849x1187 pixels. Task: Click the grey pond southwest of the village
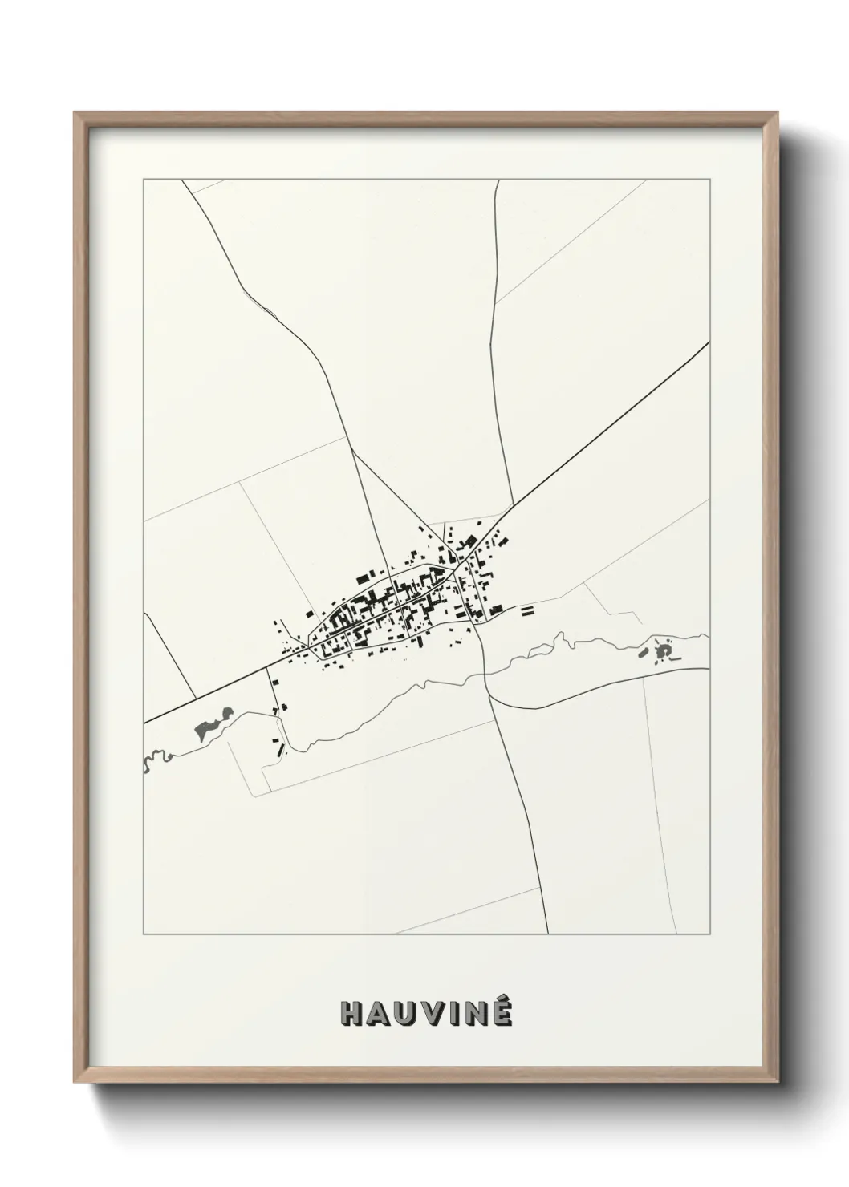210,726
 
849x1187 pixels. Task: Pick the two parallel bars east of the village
527,611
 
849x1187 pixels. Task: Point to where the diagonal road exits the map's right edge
709,343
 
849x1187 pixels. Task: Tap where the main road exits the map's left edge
145,723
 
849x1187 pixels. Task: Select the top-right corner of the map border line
709,180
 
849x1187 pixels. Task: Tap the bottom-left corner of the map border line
144,934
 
